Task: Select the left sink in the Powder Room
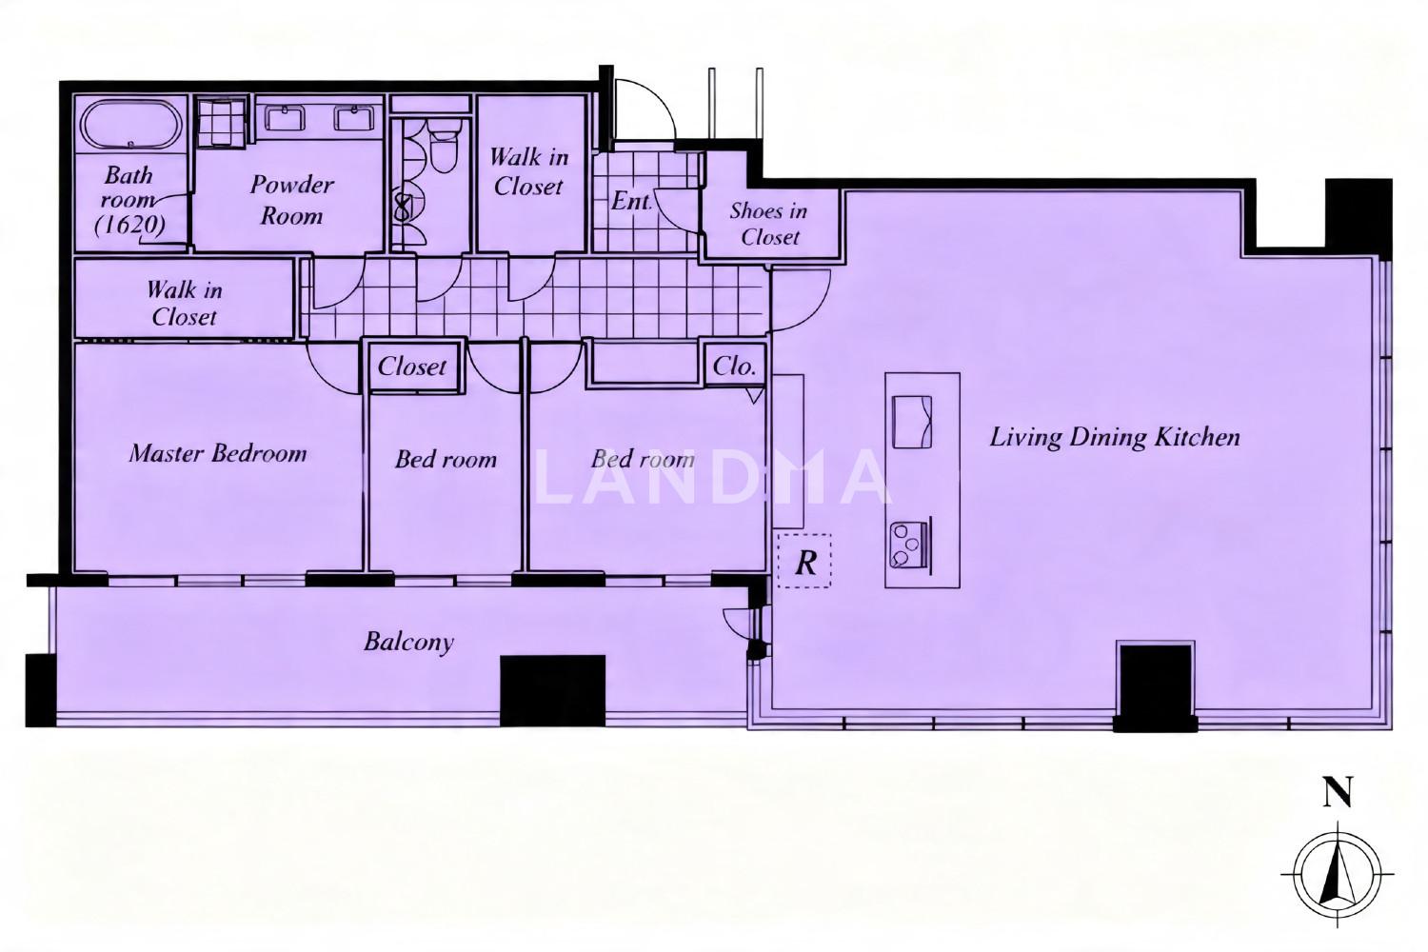285,118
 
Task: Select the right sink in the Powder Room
354,118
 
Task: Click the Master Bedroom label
218,453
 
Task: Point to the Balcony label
408,642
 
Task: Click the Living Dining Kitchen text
1115,437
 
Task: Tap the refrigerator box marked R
804,561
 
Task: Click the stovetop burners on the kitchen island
905,544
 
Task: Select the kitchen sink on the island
912,422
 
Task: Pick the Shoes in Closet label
769,224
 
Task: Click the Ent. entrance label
631,202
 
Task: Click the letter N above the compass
1338,793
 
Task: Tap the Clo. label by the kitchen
734,366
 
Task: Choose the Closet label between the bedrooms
412,366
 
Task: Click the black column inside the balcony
553,690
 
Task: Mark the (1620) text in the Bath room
129,225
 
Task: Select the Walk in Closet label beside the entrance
528,171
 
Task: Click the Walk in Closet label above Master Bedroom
185,304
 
